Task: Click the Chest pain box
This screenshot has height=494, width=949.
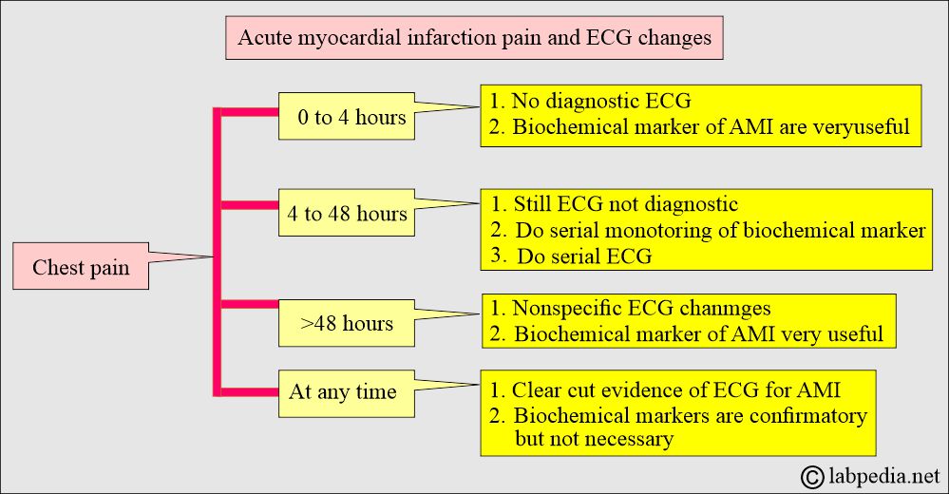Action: pos(81,266)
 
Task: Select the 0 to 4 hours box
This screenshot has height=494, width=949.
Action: pos(346,116)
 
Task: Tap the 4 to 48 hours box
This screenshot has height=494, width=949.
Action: pos(346,213)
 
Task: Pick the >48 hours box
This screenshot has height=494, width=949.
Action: pos(346,323)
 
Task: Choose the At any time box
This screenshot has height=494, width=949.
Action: pos(346,393)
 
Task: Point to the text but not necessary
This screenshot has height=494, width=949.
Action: pos(594,438)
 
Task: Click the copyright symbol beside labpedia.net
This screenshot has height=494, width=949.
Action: pos(812,477)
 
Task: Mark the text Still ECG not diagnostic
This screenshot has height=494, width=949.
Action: pos(626,204)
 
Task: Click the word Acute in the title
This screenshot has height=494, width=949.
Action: pos(260,38)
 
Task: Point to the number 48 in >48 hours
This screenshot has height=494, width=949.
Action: pos(326,323)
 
